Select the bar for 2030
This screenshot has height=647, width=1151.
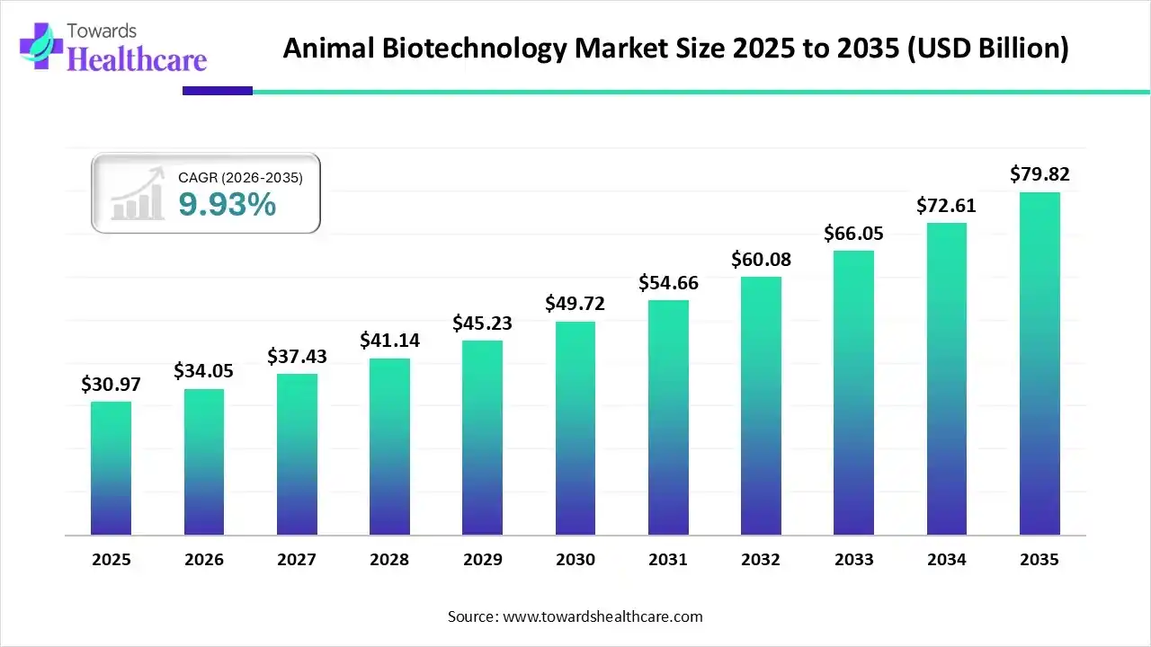[575, 428]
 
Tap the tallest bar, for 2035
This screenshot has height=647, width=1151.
[1039, 363]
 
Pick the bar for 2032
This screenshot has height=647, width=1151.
[761, 405]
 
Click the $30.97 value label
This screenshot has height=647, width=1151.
[111, 385]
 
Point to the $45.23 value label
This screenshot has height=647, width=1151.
[482, 323]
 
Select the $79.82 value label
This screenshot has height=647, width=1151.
[1039, 174]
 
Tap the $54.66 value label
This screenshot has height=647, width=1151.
[668, 283]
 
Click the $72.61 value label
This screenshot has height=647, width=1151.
[946, 206]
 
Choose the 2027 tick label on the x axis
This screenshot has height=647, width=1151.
[297, 560]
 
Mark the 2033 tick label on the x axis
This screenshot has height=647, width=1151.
[853, 560]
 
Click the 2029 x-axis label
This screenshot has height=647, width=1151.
[482, 560]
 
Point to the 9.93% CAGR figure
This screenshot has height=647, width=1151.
[227, 205]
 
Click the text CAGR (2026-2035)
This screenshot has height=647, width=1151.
[240, 178]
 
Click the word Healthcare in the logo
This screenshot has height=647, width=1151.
[137, 59]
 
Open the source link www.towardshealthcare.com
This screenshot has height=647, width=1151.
[601, 616]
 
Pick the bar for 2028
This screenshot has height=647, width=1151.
[389, 446]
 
